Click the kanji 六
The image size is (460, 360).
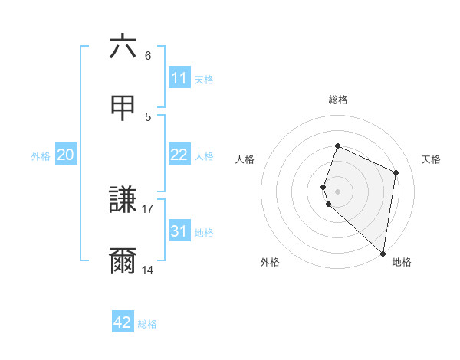click(123, 47)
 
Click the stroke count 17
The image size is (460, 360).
click(148, 208)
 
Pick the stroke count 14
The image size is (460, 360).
click(148, 270)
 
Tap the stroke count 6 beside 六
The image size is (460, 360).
click(148, 55)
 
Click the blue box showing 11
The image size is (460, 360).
click(179, 78)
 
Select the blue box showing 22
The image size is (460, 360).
click(179, 155)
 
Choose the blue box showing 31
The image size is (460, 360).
click(179, 231)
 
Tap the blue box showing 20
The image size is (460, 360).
click(66, 155)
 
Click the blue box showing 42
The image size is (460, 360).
click(123, 322)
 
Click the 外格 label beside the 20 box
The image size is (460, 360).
click(41, 156)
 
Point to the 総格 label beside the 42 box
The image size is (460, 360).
click(147, 324)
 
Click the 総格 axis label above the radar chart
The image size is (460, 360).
click(338, 100)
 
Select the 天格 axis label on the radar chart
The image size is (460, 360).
click(432, 159)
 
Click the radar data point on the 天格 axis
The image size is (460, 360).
click(396, 172)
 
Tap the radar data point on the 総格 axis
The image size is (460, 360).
click(337, 146)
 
